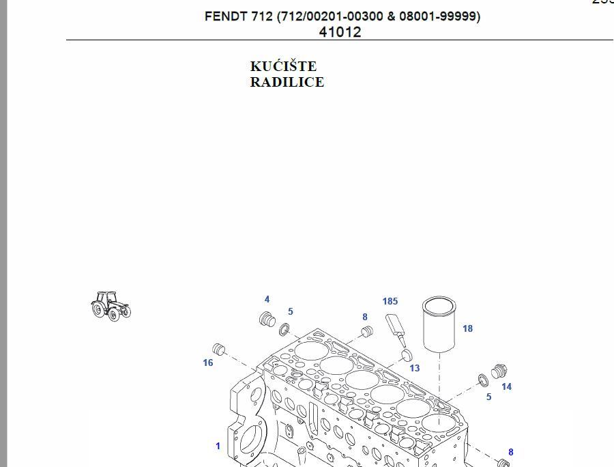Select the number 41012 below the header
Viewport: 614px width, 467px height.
point(340,32)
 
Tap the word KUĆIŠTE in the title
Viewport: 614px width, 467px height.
point(284,66)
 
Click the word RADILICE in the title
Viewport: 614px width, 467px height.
point(287,82)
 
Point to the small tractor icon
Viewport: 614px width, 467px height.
point(111,306)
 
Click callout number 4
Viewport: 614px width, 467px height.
point(267,299)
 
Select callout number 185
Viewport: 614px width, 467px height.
point(390,301)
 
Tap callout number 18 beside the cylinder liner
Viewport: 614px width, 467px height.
point(467,328)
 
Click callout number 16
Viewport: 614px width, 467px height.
point(208,363)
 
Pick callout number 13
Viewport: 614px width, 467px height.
point(415,368)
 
